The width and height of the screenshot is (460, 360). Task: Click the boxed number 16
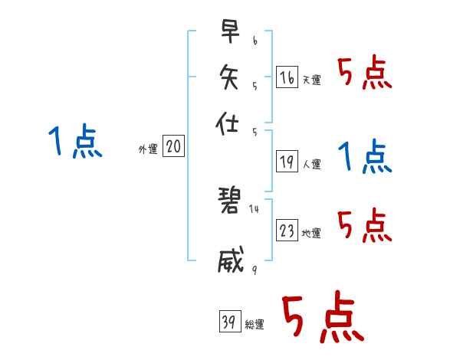click(287, 77)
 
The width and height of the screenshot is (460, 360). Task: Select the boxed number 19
click(287, 162)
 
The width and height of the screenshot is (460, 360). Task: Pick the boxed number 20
click(173, 147)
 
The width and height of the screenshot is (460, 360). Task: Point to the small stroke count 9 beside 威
click(255, 267)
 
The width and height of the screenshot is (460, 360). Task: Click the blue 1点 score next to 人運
click(365, 157)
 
